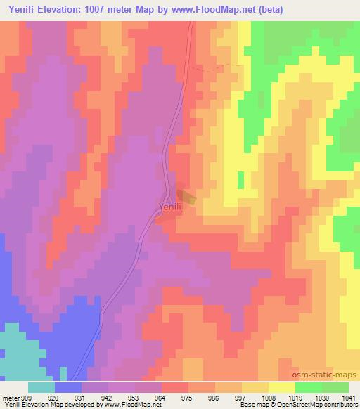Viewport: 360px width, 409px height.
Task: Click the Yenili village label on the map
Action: click(x=169, y=207)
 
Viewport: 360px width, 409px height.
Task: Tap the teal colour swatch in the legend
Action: click(x=41, y=387)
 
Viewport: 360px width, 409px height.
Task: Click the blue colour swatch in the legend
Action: click(x=68, y=387)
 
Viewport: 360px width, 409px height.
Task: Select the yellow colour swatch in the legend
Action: click(x=282, y=387)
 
